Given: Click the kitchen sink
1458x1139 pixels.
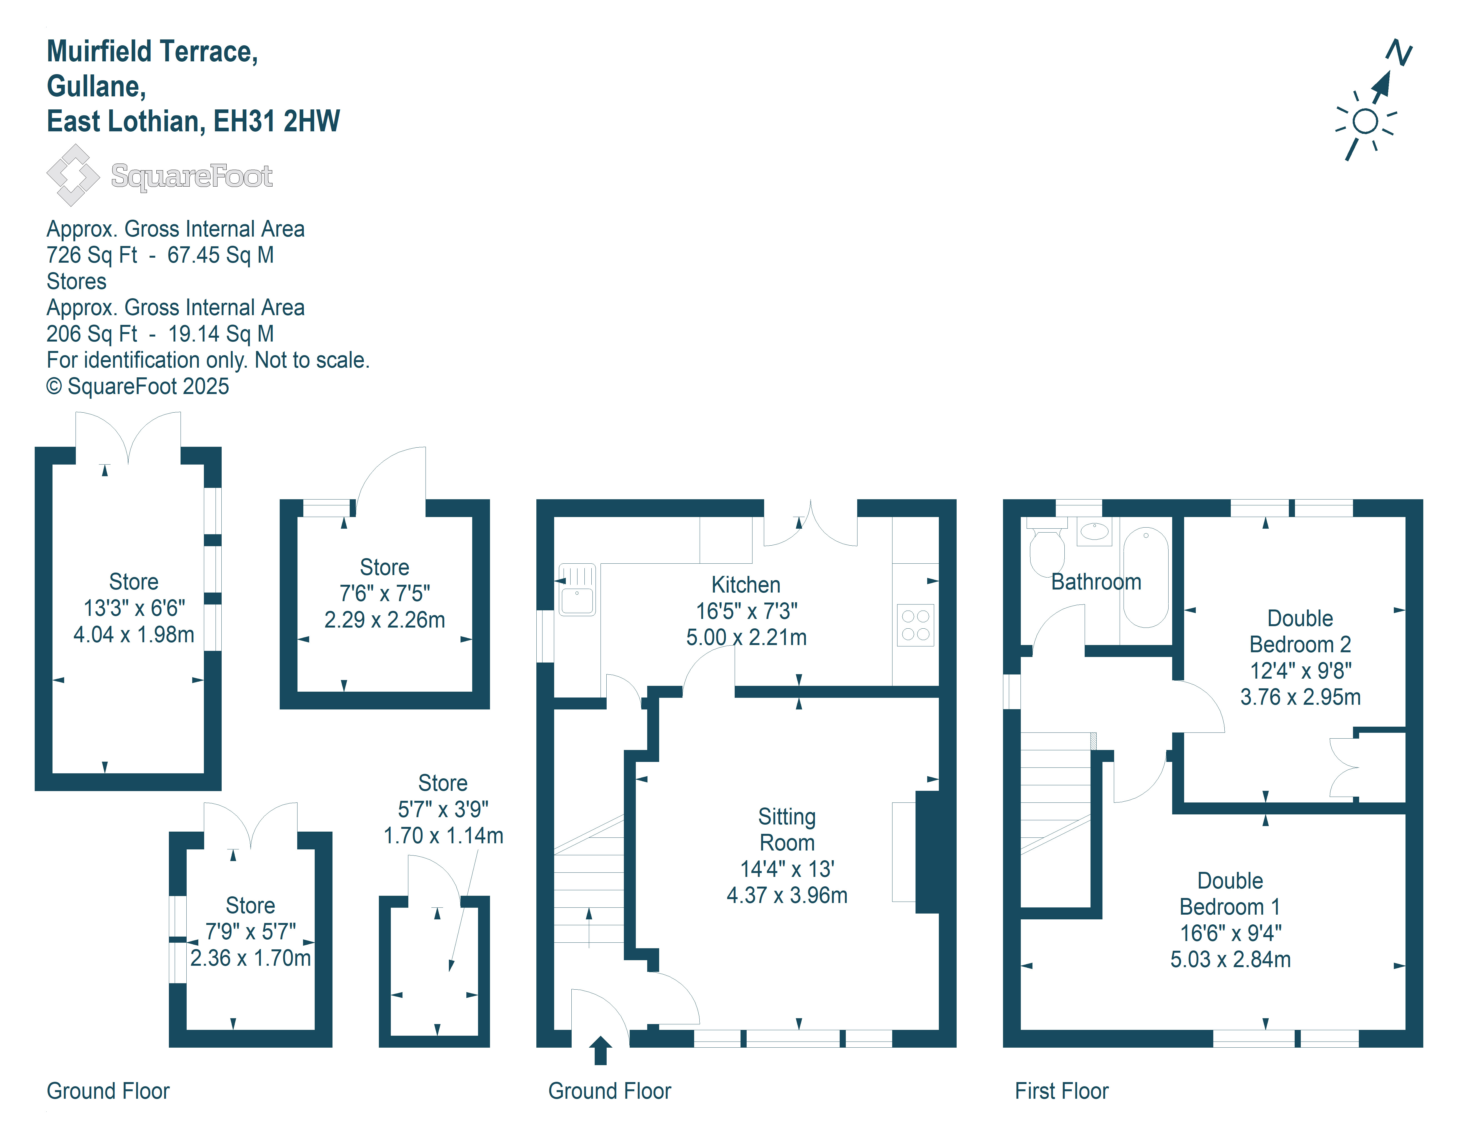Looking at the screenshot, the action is click(577, 590).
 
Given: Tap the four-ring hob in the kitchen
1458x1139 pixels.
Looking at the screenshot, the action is click(915, 625).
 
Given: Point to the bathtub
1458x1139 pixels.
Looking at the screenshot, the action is click(1146, 577).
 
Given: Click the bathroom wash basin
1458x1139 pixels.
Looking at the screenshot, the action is click(1094, 531).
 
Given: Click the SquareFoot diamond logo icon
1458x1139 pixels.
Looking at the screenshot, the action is click(73, 175).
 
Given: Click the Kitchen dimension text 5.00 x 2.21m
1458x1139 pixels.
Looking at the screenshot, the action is click(746, 637).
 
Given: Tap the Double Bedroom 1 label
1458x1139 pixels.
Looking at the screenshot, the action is click(1230, 894).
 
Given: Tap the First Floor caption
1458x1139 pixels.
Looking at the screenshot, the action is click(1061, 1091).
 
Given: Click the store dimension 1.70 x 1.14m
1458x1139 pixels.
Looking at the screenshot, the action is click(443, 836).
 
